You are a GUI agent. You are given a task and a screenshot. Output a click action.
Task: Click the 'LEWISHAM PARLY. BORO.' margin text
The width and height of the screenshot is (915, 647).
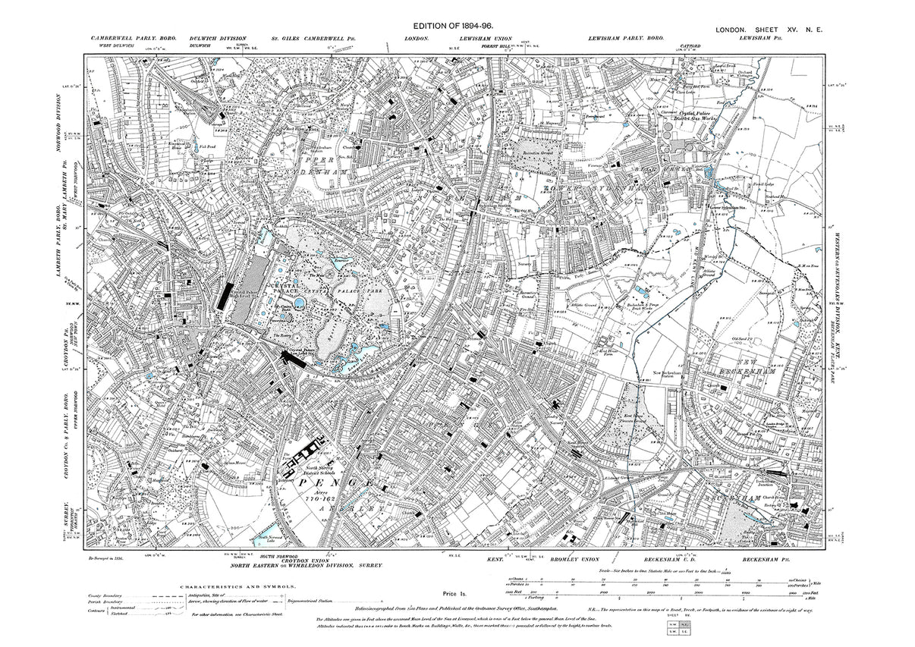click(x=625, y=38)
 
